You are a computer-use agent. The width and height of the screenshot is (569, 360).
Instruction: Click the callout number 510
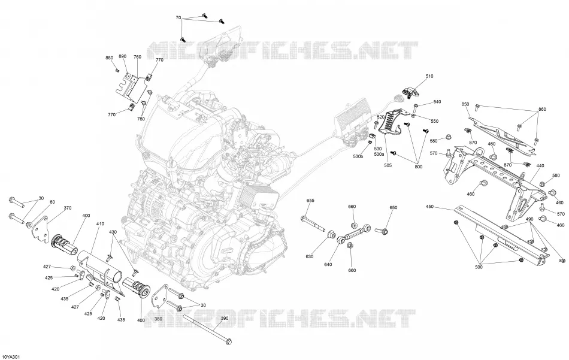[429, 76]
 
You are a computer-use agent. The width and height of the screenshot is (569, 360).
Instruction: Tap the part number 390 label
[225, 318]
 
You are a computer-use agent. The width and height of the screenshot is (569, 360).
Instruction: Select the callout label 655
[310, 201]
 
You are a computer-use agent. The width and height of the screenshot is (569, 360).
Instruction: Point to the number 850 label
[465, 104]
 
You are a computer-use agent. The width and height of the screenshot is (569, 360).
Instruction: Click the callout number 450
[429, 207]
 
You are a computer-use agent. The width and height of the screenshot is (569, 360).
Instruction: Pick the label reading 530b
[358, 156]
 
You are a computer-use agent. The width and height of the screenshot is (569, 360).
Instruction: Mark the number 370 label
[68, 208]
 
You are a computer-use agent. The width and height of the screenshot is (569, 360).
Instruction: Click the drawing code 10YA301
[11, 357]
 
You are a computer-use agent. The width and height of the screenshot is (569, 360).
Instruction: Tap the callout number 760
[138, 57]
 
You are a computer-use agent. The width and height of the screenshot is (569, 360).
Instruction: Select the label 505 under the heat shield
[388, 165]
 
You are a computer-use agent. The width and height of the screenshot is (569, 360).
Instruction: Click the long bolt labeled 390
[208, 329]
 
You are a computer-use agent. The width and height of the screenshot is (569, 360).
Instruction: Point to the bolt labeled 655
[313, 223]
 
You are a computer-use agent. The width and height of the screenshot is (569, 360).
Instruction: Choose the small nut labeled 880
[117, 70]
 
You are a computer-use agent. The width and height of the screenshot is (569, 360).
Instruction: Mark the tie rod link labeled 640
[355, 234]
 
